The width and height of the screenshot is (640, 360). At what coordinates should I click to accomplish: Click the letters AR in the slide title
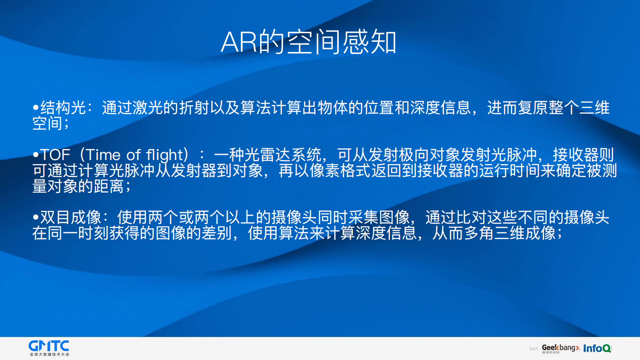tap(239, 42)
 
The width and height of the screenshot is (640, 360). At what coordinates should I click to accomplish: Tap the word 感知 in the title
tap(369, 42)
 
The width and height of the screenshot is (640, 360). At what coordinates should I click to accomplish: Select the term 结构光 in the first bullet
tap(63, 108)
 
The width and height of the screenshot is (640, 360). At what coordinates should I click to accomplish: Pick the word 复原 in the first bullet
tap(533, 108)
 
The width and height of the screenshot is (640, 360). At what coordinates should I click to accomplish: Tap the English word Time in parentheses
tap(103, 155)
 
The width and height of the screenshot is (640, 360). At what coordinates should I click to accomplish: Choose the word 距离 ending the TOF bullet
tap(109, 186)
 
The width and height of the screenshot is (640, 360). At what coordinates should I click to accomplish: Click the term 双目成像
tap(71, 217)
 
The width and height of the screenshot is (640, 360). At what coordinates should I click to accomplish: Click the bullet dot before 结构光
tap(36, 108)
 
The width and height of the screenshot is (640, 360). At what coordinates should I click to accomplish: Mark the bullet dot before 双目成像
tap(36, 218)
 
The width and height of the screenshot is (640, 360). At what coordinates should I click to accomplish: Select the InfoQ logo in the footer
tap(597, 348)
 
